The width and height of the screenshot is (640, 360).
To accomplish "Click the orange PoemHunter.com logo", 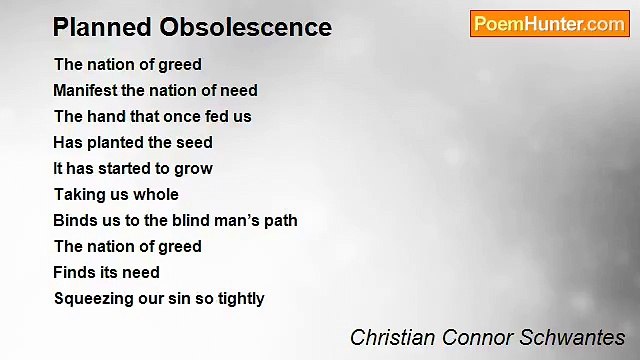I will click(x=549, y=24).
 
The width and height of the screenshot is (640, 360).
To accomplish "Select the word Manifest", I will click(x=85, y=90).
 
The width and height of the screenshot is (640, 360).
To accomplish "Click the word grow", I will click(x=194, y=169).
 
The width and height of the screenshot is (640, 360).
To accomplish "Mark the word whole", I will click(x=157, y=194).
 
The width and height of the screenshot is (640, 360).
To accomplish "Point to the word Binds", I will click(x=76, y=220).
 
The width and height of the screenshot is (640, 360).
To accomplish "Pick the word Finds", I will click(x=76, y=272).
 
